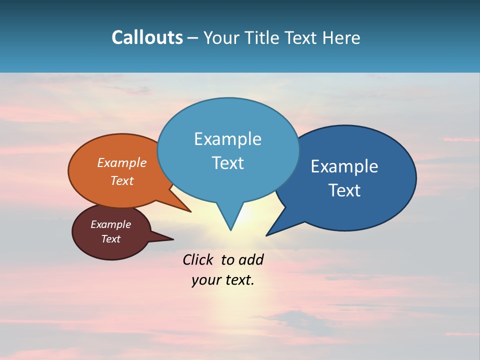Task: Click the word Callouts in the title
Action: click(x=147, y=37)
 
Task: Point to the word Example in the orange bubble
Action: click(x=121, y=163)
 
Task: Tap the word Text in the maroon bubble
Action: click(x=110, y=239)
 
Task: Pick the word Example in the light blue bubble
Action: click(x=227, y=139)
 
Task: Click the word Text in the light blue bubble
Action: click(x=227, y=163)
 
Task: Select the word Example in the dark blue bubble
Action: click(x=344, y=166)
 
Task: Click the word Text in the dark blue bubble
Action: click(x=344, y=190)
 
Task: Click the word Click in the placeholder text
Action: click(x=198, y=259)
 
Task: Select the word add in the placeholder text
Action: click(x=250, y=259)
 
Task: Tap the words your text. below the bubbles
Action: click(x=222, y=280)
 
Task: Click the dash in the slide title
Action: click(x=193, y=38)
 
